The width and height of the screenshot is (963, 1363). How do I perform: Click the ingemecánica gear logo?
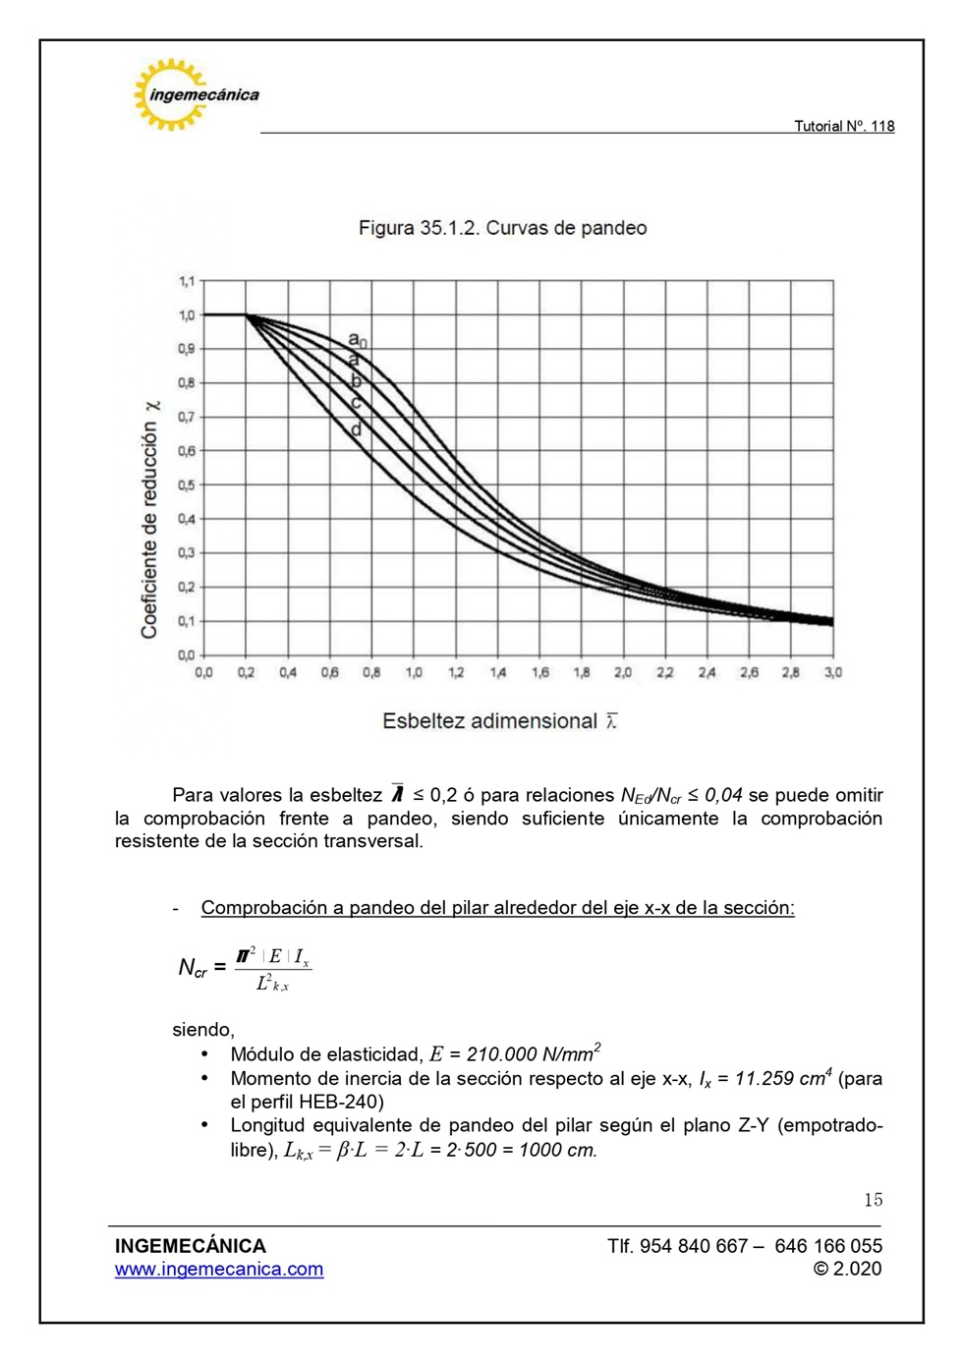(x=173, y=94)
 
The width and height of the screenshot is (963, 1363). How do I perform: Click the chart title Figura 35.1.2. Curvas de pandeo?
(x=502, y=228)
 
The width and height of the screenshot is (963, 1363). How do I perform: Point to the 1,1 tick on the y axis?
(x=187, y=281)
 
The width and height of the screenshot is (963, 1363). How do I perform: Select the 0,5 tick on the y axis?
(x=187, y=485)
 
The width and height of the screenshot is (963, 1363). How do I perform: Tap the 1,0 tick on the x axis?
(x=414, y=673)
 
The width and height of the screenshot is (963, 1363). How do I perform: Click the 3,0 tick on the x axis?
(x=833, y=673)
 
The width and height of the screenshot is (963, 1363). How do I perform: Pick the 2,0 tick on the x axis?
(x=623, y=673)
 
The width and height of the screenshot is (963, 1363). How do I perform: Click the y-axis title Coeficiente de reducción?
(x=149, y=521)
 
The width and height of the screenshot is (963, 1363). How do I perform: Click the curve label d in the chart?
(x=356, y=429)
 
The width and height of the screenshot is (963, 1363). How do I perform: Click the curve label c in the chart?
(x=356, y=403)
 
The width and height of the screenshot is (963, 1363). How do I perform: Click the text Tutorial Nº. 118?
(x=844, y=126)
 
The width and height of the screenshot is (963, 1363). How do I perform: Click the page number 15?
(x=873, y=1200)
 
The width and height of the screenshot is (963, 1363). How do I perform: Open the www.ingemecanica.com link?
(x=219, y=1270)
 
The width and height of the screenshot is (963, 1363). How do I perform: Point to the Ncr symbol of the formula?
(x=193, y=969)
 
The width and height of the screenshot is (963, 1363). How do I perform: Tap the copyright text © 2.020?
(x=847, y=1270)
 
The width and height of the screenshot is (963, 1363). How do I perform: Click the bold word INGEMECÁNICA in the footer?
(x=191, y=1246)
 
